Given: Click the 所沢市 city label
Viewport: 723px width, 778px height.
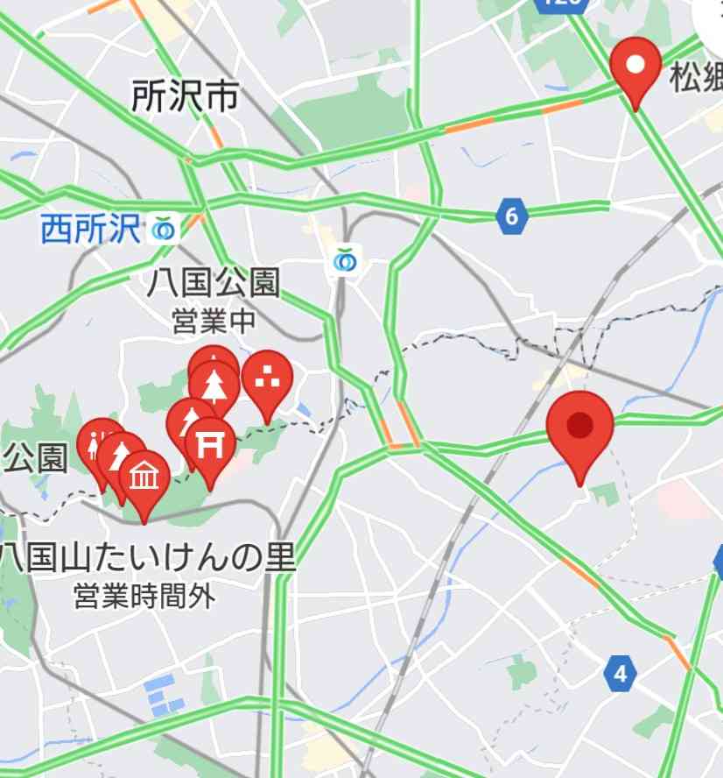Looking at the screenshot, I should (x=185, y=97).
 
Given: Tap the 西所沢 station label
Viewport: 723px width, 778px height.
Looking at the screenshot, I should (x=90, y=230).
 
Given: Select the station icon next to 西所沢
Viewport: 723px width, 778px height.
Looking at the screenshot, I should (x=164, y=230).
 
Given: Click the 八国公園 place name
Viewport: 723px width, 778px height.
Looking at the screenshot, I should (x=214, y=284).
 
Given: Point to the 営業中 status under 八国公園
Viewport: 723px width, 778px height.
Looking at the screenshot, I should (x=214, y=321).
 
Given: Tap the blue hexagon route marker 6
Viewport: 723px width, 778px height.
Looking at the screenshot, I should (x=511, y=216).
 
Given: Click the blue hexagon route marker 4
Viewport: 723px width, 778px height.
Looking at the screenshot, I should (x=621, y=674).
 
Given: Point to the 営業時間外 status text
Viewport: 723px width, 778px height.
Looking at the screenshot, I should (x=144, y=598).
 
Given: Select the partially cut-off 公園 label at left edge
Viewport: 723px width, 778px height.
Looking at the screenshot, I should (x=35, y=458).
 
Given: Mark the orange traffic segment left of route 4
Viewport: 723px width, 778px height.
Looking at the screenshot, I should (x=579, y=572).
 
